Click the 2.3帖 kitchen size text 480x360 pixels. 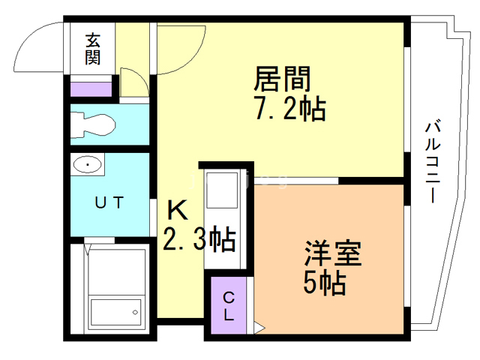[200, 240]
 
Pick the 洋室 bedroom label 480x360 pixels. [333, 253]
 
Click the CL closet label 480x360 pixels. [229, 307]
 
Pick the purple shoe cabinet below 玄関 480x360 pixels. [91, 88]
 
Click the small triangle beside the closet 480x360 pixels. [259, 326]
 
